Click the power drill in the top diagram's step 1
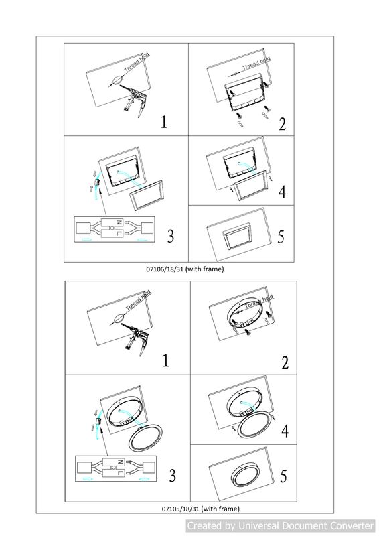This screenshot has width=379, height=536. click(135, 98)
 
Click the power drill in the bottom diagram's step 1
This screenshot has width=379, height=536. click(137, 338)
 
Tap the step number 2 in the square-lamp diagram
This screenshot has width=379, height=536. click(283, 124)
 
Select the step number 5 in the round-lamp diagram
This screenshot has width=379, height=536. click(283, 476)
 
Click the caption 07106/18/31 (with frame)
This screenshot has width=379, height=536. click(185, 269)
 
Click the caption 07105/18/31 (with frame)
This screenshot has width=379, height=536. click(201, 509)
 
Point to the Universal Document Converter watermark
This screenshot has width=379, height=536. click(281, 525)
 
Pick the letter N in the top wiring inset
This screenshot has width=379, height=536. click(119, 222)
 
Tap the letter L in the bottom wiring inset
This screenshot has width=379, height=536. click(120, 473)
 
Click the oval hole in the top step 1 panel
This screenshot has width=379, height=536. click(117, 80)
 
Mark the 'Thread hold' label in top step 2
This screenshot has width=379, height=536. click(256, 63)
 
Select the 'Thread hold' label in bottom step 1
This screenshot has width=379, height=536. click(139, 300)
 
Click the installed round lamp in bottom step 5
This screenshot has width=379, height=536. click(245, 474)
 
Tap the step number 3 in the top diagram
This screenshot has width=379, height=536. click(171, 236)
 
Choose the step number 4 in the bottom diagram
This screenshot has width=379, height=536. click(285, 431)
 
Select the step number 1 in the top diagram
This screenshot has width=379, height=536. click(164, 122)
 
